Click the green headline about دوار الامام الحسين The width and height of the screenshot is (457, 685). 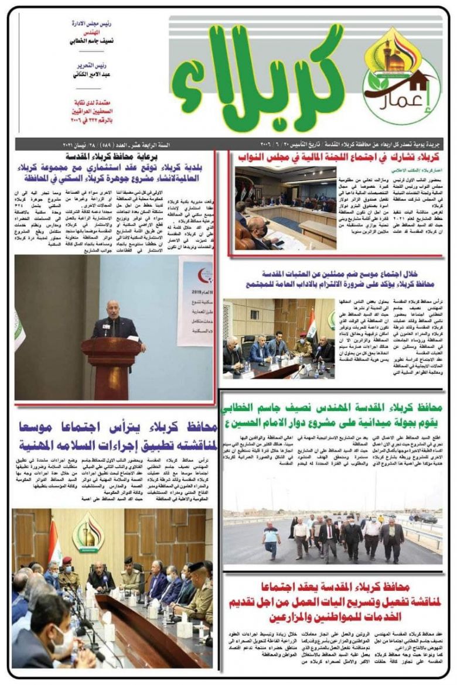click(x=337, y=415)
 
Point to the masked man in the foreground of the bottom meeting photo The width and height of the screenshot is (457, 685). click(x=53, y=638)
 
